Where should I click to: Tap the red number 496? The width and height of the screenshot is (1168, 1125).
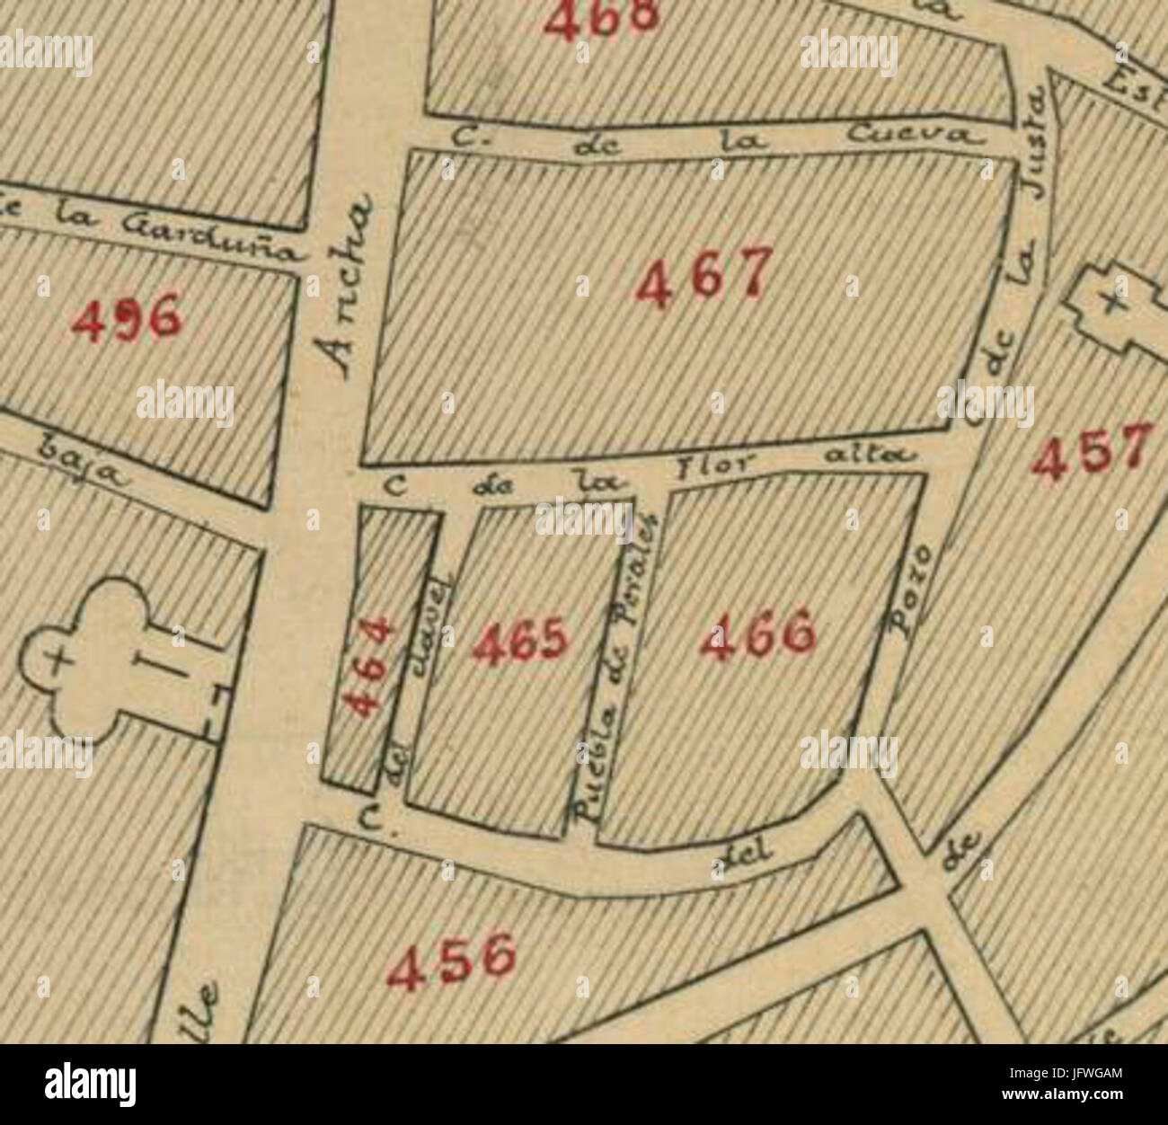(x=126, y=319)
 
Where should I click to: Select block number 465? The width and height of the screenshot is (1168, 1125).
(x=520, y=642)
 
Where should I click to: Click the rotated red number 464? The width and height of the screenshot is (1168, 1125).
(x=370, y=666)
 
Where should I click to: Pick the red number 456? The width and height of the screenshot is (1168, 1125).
(x=452, y=961)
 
